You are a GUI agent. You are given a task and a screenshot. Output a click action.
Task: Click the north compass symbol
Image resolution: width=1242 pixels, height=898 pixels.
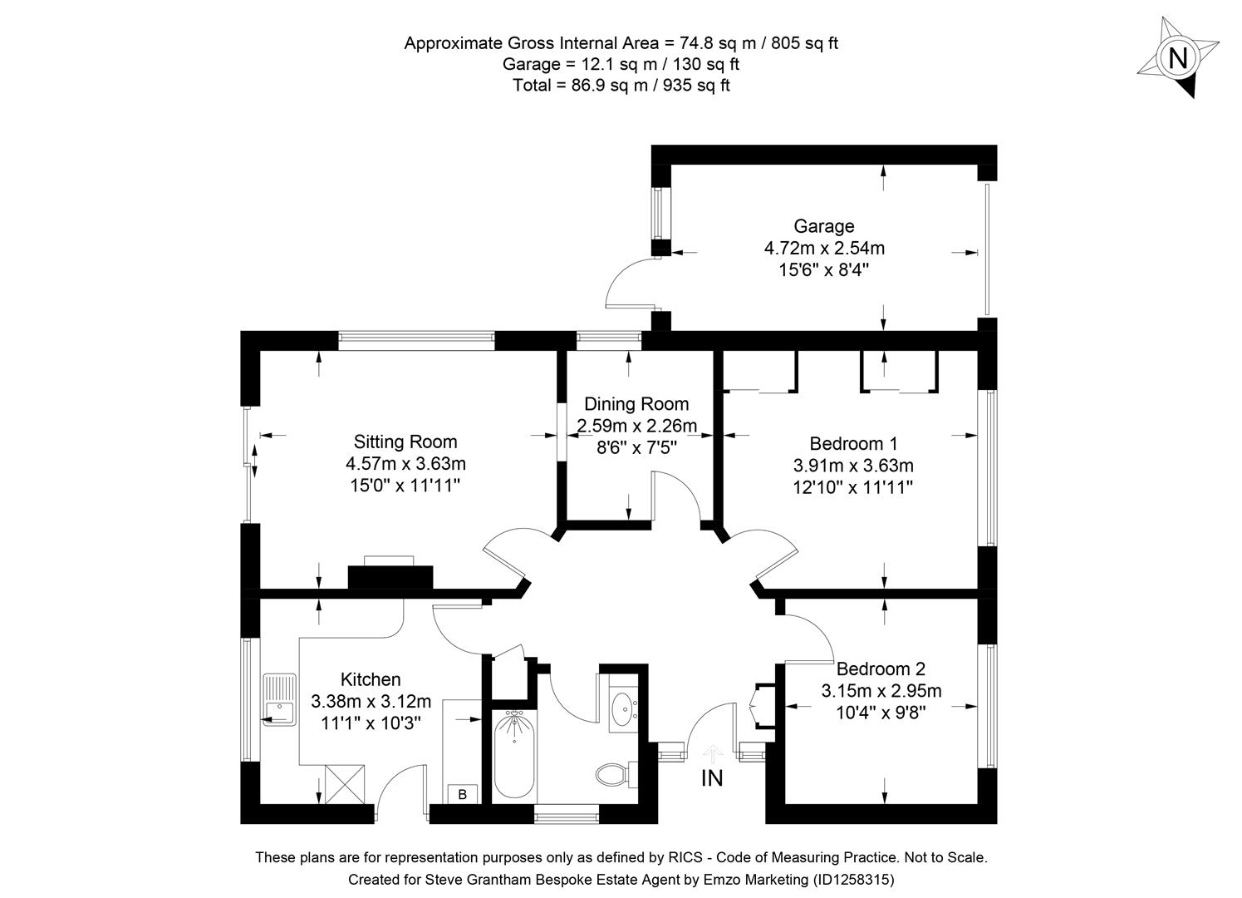coord(1177,59)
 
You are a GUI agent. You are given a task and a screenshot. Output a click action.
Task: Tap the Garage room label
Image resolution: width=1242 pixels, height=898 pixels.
coord(823,226)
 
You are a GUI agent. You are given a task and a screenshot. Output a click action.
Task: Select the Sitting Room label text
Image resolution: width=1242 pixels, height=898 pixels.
coord(405,442)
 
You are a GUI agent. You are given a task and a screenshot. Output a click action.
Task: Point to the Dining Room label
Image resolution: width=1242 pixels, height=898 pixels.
coord(636,404)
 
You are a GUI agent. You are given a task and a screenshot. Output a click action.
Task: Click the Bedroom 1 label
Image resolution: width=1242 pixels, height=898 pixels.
coord(853,443)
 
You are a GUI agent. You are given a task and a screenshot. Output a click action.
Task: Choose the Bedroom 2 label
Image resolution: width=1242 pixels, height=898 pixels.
coord(881,669)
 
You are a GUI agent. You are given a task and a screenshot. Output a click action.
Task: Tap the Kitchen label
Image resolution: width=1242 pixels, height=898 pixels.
coord(371,679)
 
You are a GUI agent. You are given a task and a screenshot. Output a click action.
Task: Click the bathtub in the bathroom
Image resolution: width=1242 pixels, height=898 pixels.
coord(513,756)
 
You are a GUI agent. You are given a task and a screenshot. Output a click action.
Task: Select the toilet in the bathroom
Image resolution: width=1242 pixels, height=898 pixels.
coord(614,774)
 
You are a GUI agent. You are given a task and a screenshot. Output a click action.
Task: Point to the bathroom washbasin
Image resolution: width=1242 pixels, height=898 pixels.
coord(622,709)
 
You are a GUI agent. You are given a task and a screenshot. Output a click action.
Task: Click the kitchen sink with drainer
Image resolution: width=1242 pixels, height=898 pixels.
coord(279,699)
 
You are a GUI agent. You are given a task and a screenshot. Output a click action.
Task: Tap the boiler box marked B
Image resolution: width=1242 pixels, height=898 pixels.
coord(463,794)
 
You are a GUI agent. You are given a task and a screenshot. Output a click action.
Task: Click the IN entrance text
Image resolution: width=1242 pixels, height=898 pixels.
coord(712,778)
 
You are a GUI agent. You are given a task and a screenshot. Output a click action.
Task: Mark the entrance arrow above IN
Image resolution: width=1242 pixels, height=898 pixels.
coord(712,752)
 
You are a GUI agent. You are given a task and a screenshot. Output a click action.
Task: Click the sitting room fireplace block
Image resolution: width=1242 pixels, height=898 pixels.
coord(390,576)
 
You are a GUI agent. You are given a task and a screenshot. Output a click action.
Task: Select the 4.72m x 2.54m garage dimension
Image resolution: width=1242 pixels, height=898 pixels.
coord(823,248)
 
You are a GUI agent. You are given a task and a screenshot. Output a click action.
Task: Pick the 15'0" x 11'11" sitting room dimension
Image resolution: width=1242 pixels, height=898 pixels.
coord(405,486)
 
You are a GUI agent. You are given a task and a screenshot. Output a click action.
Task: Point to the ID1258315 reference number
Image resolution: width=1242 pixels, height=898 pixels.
coord(853,879)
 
